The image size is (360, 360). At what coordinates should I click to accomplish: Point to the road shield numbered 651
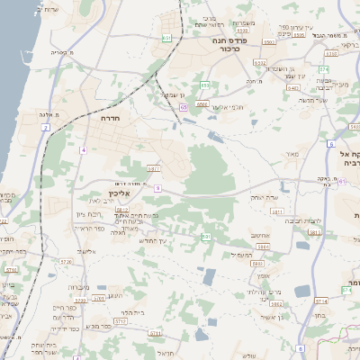(x=167, y=38)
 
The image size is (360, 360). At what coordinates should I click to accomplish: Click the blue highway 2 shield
(x=45, y=128)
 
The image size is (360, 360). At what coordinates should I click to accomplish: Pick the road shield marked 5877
(x=154, y=168)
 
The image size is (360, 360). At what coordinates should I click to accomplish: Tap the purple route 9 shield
(x=157, y=188)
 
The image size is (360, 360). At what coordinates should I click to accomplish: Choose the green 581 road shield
(x=206, y=236)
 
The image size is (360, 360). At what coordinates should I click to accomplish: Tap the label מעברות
(x=78, y=287)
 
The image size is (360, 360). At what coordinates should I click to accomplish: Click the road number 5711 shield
(x=11, y=268)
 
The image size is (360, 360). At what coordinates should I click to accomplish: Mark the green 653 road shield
(x=205, y=85)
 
